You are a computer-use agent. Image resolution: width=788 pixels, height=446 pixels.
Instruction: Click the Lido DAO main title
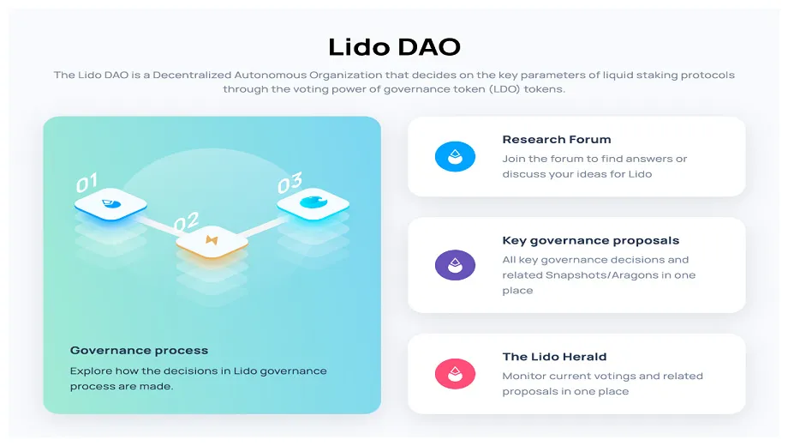tap(394, 46)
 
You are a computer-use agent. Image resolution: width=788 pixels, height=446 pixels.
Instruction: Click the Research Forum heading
tap(557, 139)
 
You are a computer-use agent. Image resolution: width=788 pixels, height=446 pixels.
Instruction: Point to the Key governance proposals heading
tap(590, 240)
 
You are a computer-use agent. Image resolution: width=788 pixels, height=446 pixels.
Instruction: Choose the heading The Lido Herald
tap(554, 357)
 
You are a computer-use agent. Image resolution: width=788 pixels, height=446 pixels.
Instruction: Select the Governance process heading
tap(139, 350)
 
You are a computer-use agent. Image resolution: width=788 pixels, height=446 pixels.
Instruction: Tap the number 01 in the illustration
tap(87, 183)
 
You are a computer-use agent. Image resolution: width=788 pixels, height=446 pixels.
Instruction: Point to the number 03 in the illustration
tap(290, 182)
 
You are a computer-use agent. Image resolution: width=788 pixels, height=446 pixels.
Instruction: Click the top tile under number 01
tap(110, 203)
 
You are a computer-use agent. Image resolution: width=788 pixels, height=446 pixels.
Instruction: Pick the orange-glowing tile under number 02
tap(212, 243)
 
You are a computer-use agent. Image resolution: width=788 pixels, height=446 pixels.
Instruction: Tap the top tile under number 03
tap(313, 202)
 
